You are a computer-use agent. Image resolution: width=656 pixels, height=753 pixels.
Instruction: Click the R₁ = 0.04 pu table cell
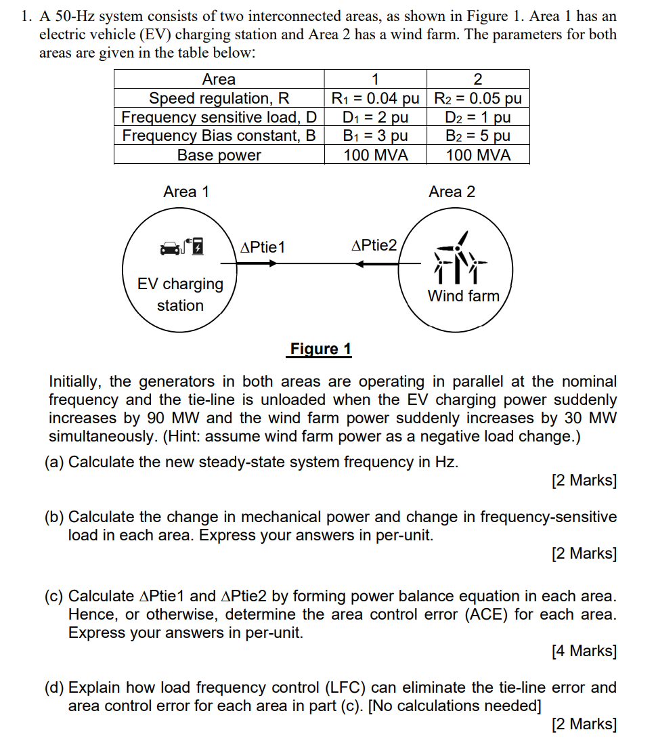pyautogui.click(x=375, y=98)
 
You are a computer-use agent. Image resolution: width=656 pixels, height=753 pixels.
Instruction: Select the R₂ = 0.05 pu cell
pyautogui.click(x=478, y=98)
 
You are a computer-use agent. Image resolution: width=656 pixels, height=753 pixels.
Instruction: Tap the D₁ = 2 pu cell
pyautogui.click(x=375, y=117)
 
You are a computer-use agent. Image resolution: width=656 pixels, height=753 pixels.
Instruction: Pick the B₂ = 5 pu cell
pyautogui.click(x=478, y=135)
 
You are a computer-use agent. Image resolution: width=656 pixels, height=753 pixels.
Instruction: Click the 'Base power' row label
pyautogui.click(x=219, y=155)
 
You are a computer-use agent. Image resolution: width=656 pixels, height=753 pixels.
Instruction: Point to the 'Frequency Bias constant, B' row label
pyautogui.click(x=219, y=135)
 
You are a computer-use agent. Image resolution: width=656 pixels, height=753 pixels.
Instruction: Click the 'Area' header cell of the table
pyautogui.click(x=219, y=79)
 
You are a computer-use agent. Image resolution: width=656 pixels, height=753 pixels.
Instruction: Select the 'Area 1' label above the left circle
pyautogui.click(x=186, y=192)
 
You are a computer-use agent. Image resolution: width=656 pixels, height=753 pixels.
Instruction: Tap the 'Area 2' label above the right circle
pyautogui.click(x=452, y=192)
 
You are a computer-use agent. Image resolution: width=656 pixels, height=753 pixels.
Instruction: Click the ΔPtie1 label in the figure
pyautogui.click(x=263, y=247)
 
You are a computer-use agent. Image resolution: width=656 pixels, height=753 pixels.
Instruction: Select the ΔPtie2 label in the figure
pyautogui.click(x=375, y=245)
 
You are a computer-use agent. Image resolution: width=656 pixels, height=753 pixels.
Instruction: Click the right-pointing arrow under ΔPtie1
pyautogui.click(x=257, y=263)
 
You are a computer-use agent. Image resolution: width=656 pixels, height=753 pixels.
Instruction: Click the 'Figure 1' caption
pyautogui.click(x=320, y=349)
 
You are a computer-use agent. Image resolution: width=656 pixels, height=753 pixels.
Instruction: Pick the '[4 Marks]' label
pyautogui.click(x=584, y=651)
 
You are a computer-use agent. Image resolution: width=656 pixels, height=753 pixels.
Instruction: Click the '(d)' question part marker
pyautogui.click(x=54, y=688)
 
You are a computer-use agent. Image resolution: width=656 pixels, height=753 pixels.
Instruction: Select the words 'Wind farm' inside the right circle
pyautogui.click(x=463, y=296)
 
